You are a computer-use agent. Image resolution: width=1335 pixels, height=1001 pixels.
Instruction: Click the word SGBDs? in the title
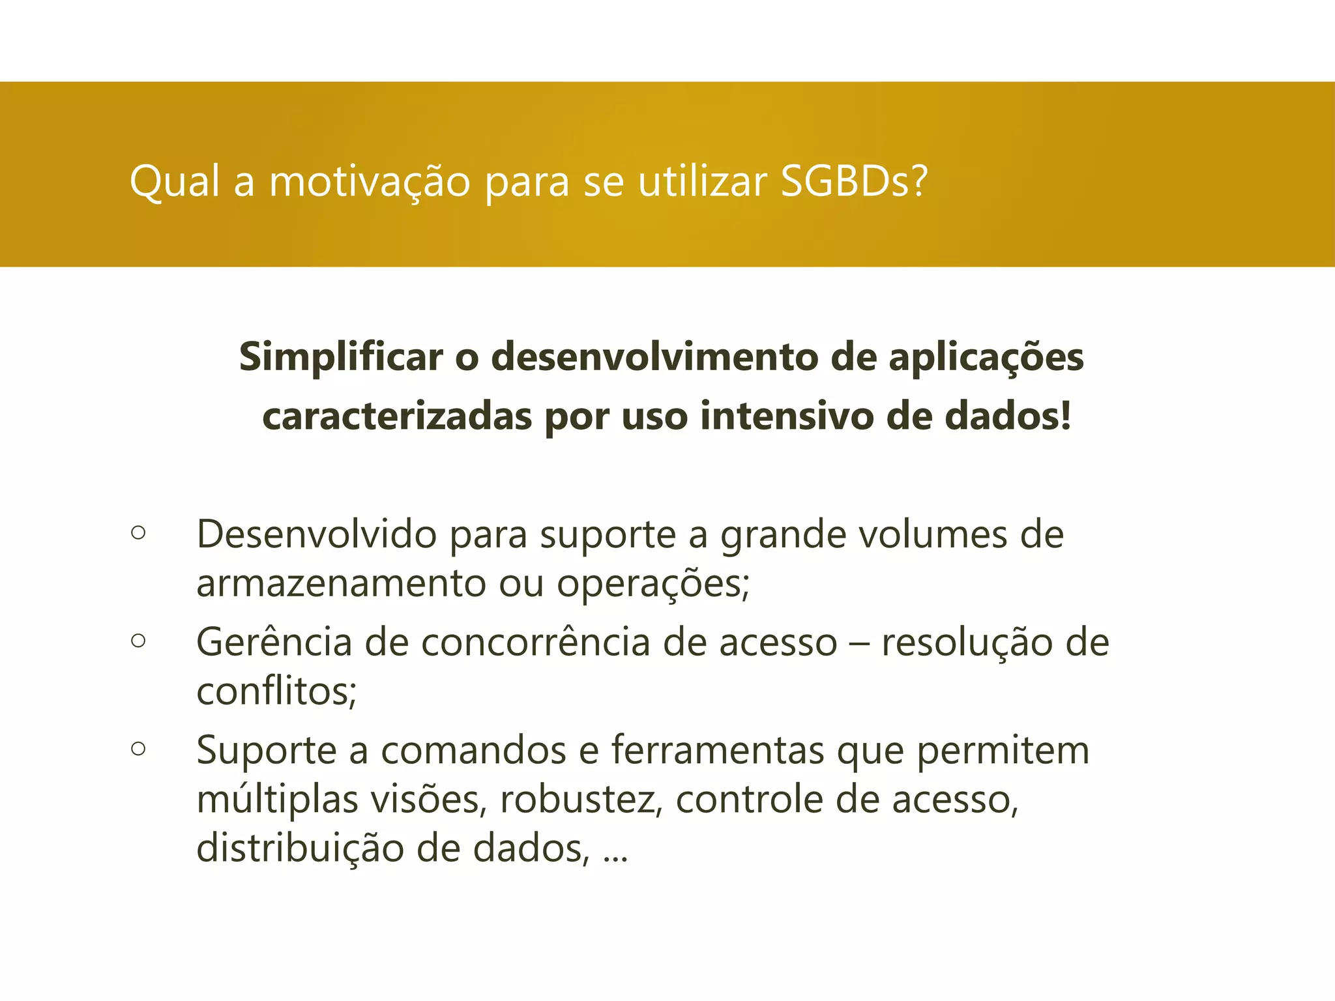point(853,181)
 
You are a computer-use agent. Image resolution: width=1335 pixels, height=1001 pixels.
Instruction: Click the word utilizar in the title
point(702,181)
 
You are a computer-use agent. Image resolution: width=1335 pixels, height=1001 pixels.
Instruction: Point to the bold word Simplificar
point(341,358)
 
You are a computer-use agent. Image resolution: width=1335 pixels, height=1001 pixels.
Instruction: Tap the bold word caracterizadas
point(396,416)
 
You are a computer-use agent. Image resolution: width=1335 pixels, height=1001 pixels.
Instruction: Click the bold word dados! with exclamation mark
point(1008,416)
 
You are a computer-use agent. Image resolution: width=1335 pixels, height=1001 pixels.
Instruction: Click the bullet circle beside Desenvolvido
point(138,532)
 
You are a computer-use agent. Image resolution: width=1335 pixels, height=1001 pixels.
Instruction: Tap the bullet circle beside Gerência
point(138,641)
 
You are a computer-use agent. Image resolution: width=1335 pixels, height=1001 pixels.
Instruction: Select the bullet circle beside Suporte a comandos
point(138,749)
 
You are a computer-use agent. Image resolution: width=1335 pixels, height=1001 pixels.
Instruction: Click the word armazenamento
point(341,583)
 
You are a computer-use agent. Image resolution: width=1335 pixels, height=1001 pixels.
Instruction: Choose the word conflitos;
point(276,691)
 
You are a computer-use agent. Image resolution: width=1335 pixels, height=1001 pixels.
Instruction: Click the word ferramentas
point(718,750)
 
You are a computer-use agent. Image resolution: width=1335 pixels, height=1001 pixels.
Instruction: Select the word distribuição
point(300,849)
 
